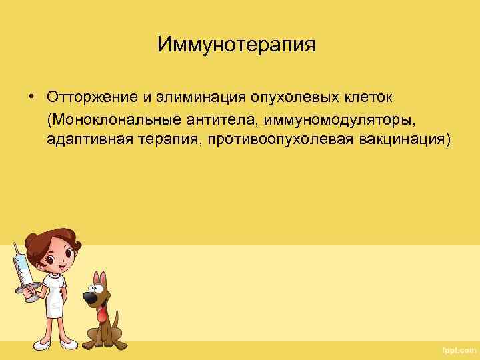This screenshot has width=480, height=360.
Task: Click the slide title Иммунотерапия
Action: (236, 45)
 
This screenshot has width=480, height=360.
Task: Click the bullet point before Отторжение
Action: (31, 97)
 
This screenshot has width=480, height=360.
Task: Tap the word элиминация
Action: (193, 97)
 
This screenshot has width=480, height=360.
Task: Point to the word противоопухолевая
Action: (281, 141)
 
